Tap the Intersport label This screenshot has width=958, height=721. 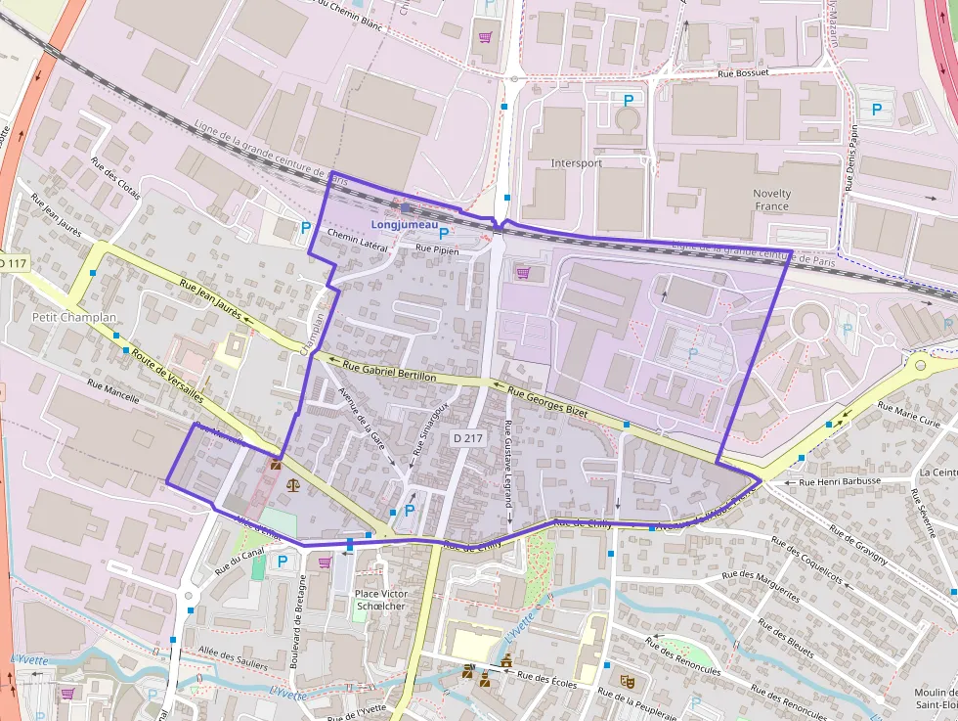(x=577, y=163)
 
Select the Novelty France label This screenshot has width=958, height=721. (x=772, y=200)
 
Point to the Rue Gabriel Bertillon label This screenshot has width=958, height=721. (x=382, y=368)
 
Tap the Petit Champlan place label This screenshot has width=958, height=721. (x=62, y=317)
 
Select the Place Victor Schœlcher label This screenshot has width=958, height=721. (x=381, y=600)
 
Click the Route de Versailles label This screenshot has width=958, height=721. (x=167, y=377)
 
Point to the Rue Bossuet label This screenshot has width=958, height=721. (x=743, y=72)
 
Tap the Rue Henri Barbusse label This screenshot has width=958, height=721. (x=840, y=481)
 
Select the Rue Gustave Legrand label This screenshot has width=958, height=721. (x=509, y=463)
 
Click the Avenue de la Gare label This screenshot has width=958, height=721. (x=362, y=419)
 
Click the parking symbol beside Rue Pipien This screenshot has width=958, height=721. (x=444, y=234)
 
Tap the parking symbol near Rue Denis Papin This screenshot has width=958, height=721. (x=877, y=111)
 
